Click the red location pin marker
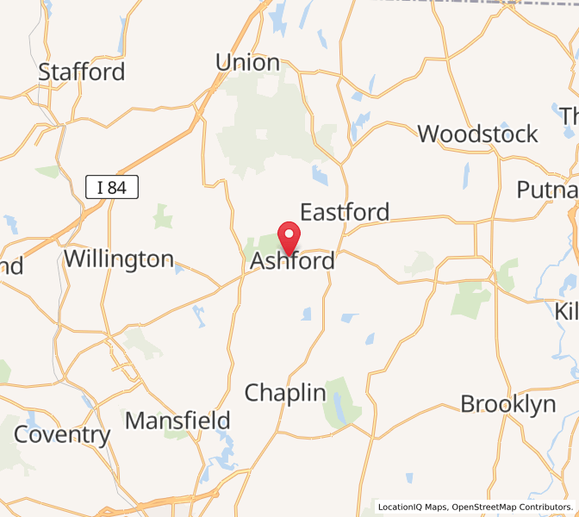(289, 235)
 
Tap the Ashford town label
(293, 260)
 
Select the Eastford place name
(344, 212)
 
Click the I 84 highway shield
(113, 185)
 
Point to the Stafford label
(82, 72)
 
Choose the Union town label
(247, 62)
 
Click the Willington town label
(119, 258)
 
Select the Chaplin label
(285, 393)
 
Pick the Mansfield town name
(178, 420)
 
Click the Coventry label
(63, 435)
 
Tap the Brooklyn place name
(507, 404)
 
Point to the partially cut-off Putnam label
(547, 190)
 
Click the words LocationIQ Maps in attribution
(413, 507)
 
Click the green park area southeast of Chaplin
(342, 402)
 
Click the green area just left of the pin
(264, 243)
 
